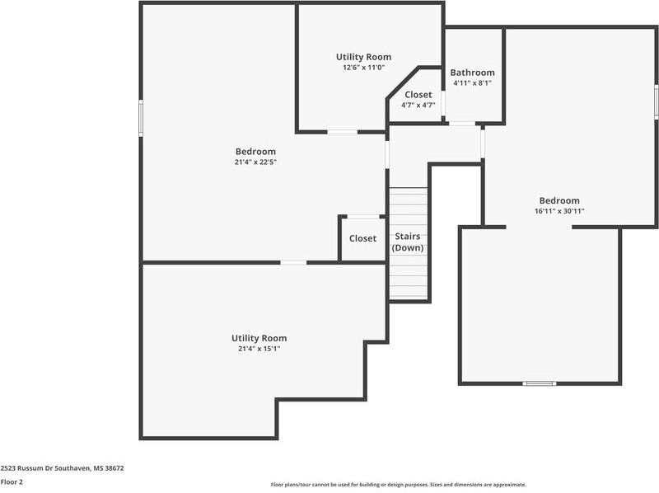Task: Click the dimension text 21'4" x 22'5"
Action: (255, 162)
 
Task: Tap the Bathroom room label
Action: (472, 73)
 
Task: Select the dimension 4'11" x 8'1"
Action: (472, 83)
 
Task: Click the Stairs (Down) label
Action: (408, 242)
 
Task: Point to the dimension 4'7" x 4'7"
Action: (418, 106)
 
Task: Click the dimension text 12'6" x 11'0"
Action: (363, 68)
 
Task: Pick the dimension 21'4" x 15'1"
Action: (259, 349)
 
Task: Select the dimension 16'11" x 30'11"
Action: (559, 211)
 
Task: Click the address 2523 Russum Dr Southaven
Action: (62, 468)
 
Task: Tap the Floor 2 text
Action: (12, 481)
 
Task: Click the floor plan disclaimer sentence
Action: (398, 485)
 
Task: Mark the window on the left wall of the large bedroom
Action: (141, 116)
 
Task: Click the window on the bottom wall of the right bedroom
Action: (540, 383)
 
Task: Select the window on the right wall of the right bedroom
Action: (656, 102)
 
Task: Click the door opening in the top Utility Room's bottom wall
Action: (343, 131)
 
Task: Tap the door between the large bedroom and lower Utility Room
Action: (293, 262)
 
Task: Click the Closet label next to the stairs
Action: (362, 238)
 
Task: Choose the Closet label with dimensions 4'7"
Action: (418, 95)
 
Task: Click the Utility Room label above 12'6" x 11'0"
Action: (363, 57)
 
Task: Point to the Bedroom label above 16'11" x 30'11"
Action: (559, 200)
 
